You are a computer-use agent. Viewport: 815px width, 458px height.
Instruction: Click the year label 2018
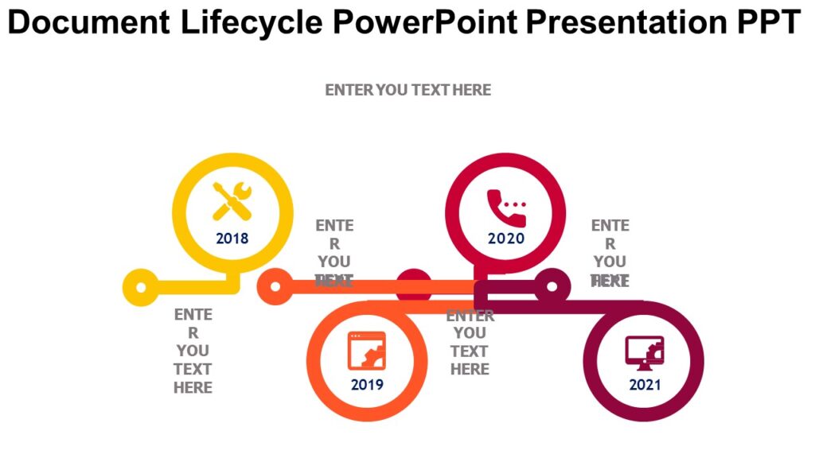(232, 238)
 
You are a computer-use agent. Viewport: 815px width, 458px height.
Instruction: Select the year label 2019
(367, 385)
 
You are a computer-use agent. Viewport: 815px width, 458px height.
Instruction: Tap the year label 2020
(506, 238)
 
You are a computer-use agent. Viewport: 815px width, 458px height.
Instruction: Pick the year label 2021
(645, 385)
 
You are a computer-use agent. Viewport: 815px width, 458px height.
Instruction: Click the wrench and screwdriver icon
(232, 201)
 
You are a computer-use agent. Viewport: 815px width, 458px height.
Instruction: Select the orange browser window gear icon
(366, 351)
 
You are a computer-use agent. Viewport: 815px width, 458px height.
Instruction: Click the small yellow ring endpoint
(141, 287)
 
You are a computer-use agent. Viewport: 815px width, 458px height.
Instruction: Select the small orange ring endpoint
(275, 287)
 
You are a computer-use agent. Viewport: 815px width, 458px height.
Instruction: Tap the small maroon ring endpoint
(552, 285)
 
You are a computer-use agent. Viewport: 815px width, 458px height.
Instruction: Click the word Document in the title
(88, 23)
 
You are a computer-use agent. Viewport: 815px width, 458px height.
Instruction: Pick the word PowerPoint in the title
(425, 23)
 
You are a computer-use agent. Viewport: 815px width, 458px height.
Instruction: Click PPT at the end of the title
(765, 23)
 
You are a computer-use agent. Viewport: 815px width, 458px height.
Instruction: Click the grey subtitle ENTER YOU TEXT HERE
(407, 90)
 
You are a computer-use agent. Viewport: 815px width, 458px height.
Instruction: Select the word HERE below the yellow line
(193, 387)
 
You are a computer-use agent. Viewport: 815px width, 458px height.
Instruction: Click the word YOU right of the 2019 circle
(470, 332)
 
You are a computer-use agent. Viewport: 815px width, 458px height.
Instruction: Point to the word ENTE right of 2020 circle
(610, 226)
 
